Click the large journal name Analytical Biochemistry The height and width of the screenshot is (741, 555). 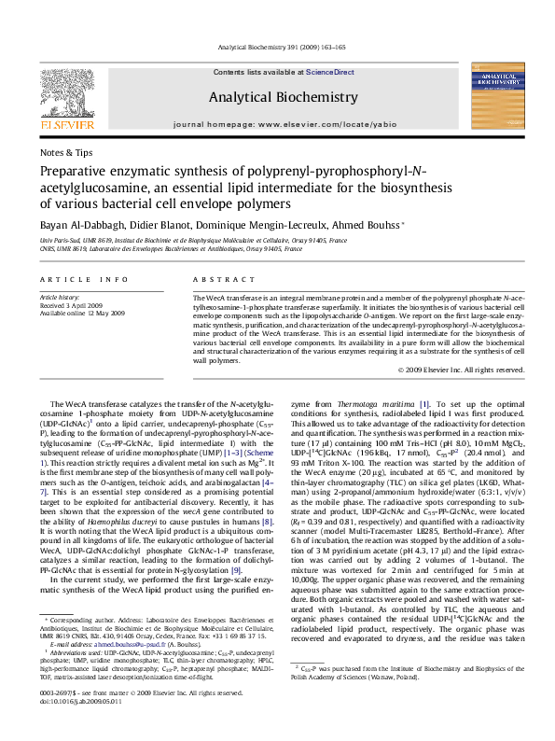(283, 97)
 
